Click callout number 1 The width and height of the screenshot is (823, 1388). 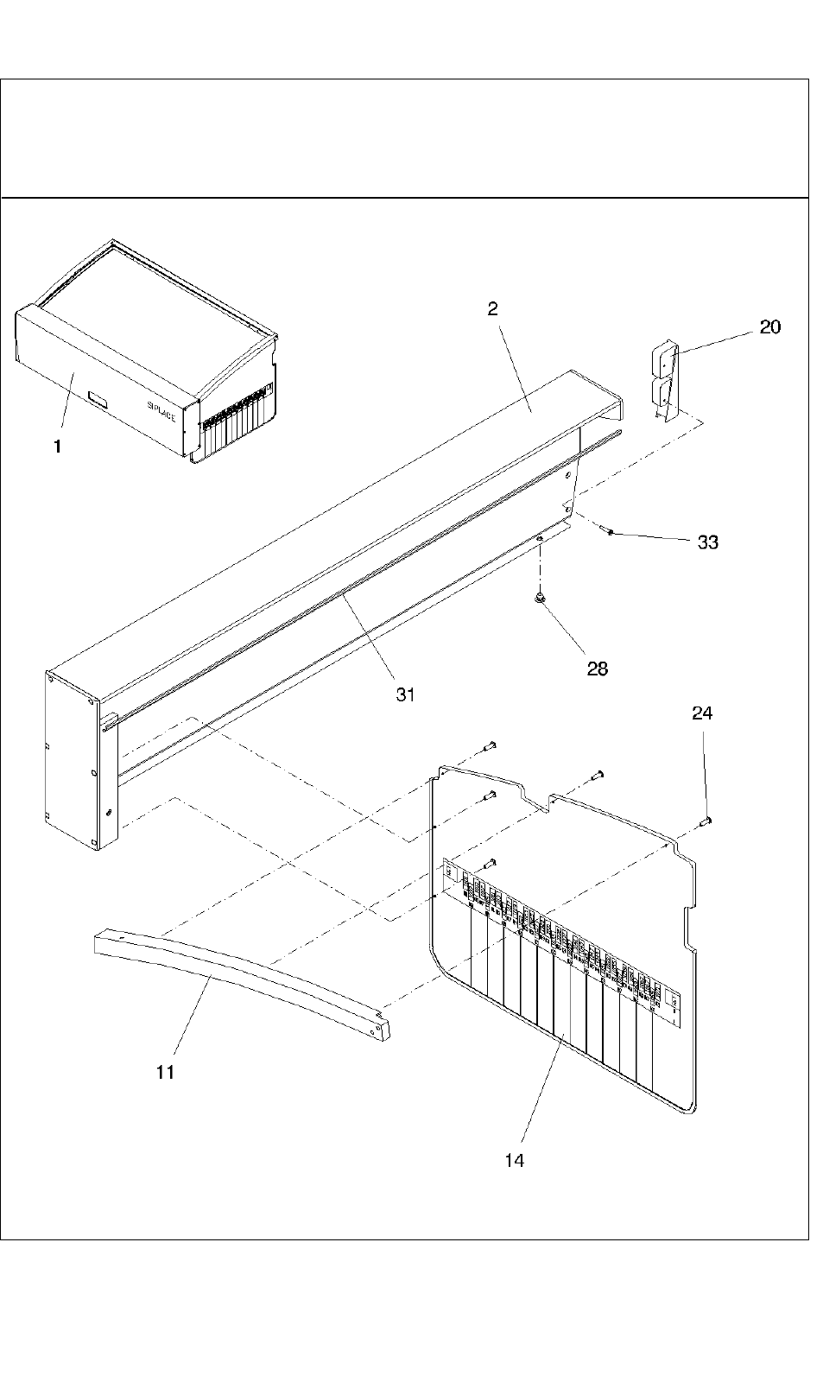[58, 447]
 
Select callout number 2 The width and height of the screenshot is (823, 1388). [492, 309]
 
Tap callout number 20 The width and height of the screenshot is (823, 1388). [769, 326]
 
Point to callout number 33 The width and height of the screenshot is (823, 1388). [707, 542]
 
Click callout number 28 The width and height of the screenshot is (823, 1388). [597, 668]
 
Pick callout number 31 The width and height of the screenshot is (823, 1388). [406, 694]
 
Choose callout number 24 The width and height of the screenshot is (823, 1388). [702, 713]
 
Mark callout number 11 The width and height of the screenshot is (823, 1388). [166, 1072]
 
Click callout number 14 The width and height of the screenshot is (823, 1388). [514, 1161]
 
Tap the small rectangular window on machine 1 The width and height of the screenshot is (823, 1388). [99, 400]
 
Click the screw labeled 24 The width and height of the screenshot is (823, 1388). [704, 821]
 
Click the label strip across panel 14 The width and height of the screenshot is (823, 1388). [561, 933]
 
